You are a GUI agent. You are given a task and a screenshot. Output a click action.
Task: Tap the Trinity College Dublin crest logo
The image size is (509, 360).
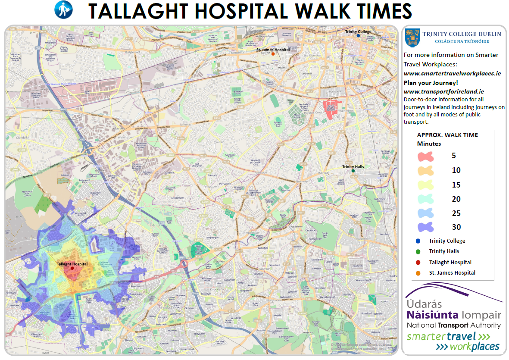click(412, 38)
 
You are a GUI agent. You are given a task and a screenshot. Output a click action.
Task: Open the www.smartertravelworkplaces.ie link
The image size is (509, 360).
click(452, 73)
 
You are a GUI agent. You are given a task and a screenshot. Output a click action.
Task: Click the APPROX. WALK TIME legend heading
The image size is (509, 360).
click(447, 135)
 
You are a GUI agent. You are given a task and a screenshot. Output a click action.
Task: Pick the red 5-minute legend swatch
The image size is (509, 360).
click(425, 156)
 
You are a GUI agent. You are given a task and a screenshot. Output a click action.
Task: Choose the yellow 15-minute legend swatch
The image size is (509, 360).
click(425, 185)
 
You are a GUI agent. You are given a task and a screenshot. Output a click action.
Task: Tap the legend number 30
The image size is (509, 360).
click(456, 227)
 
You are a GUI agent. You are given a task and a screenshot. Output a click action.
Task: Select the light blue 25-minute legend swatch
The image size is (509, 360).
click(425, 213)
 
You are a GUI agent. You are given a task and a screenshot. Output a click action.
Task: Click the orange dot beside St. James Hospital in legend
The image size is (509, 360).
click(418, 273)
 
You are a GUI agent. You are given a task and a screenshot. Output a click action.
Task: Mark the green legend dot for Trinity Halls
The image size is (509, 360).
click(418, 251)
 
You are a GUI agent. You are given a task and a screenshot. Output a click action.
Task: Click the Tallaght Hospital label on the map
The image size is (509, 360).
click(72, 264)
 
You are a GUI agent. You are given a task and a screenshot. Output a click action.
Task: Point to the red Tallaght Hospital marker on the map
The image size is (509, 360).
click(72, 268)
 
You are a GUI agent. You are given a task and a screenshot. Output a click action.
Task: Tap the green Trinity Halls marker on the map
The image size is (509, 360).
click(353, 171)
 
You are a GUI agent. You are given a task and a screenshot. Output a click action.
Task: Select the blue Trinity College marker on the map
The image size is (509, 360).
click(358, 36)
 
